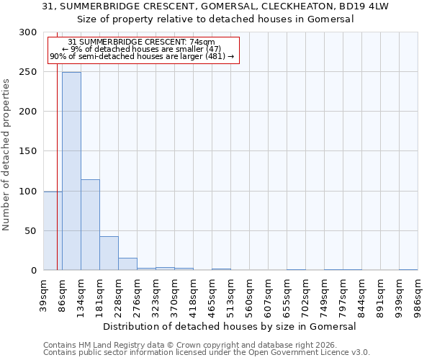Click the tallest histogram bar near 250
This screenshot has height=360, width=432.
coord(71,171)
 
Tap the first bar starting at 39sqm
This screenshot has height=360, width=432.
coord(53,230)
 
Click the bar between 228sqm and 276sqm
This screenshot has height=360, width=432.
coord(127,264)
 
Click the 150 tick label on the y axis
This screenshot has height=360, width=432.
coord(29,151)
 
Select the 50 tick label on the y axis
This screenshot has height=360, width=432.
coord(32,231)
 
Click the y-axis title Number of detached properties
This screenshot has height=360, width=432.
coord(6,151)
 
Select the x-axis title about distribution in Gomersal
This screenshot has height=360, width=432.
coord(230,326)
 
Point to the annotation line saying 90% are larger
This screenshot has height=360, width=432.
coord(142,56)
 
